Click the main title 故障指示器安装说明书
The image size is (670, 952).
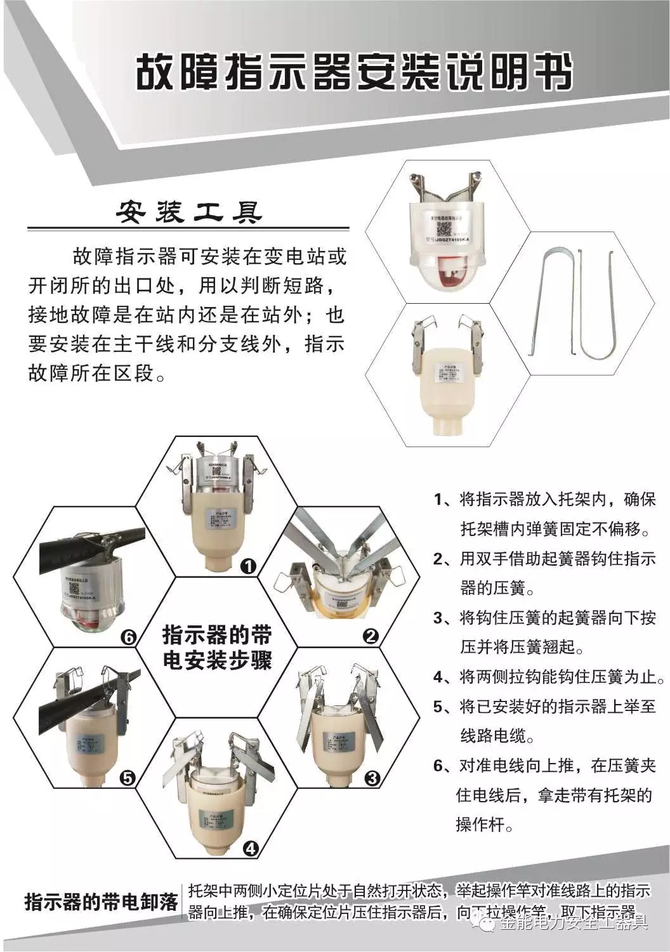coord(354,72)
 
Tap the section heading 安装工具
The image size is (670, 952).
coord(188,212)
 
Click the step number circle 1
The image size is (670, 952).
coord(248,565)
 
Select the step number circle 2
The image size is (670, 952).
coord(371,636)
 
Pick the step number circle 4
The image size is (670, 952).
coord(251,848)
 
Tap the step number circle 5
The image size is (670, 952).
coord(128,778)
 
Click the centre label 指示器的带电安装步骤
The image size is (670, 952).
coord(217,648)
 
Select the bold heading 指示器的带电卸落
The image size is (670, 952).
coord(102,901)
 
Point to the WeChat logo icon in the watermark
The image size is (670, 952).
coord(489,925)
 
